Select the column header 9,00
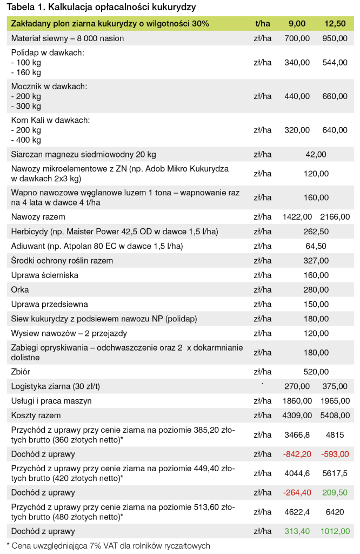coord(297,24)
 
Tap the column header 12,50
coord(335,24)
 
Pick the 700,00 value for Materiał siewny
coord(297,38)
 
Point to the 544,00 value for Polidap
coord(335,63)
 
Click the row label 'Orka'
coord(20,290)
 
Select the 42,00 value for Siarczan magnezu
coord(316,154)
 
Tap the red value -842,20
coord(297,454)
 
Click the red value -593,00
coord(335,454)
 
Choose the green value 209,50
coord(335,493)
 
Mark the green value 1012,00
coord(335,531)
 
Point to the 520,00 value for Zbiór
coord(316,372)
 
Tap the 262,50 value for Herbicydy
coord(316,232)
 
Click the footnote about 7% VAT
coord(108,545)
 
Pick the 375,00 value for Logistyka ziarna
coord(335,386)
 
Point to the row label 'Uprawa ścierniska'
coord(45,275)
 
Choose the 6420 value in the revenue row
coord(335,512)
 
